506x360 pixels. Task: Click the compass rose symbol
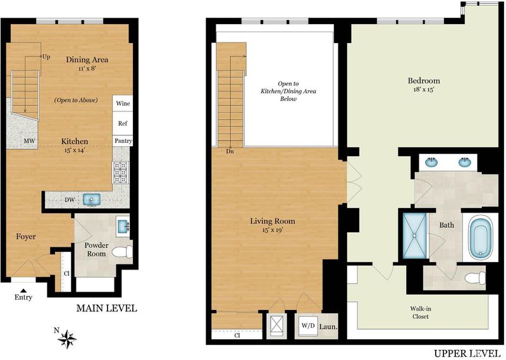tap(67, 339)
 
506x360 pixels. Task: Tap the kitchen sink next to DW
tap(92, 199)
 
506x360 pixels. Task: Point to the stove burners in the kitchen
tap(120, 172)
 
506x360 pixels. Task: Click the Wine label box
tap(123, 103)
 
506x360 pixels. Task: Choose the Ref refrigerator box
tap(123, 123)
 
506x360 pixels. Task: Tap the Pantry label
tap(123, 140)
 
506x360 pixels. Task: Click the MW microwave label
tap(29, 141)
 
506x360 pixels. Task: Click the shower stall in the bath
tap(415, 236)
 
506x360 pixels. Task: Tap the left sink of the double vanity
tap(431, 161)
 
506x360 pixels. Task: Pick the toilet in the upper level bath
tap(476, 278)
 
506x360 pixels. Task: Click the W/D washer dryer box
tap(308, 325)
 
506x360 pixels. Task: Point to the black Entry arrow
tap(23, 290)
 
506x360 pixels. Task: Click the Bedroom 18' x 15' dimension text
tap(424, 90)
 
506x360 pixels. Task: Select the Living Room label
tap(273, 221)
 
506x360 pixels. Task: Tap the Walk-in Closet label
tap(421, 313)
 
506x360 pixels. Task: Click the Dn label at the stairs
tap(230, 151)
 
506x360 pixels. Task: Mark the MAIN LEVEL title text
tap(106, 308)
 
